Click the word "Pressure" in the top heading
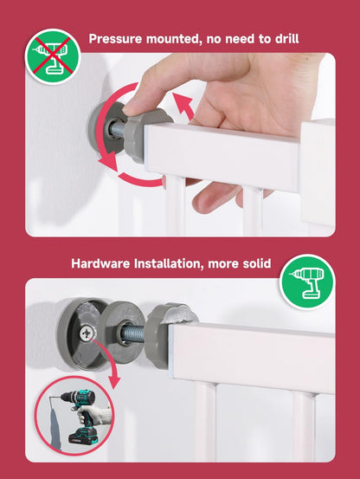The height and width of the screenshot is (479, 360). click(x=115, y=39)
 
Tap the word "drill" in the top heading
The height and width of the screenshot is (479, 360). click(x=286, y=38)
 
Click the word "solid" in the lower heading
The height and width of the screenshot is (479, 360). click(x=257, y=263)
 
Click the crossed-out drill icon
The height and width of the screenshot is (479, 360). click(x=53, y=56)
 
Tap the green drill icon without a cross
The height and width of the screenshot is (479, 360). click(x=307, y=282)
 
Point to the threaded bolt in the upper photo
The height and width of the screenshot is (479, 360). click(x=118, y=130)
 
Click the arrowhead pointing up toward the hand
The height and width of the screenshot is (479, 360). click(x=183, y=102)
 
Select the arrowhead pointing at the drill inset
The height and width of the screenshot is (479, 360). click(x=112, y=379)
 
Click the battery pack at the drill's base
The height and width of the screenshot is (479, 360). click(x=83, y=436)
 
